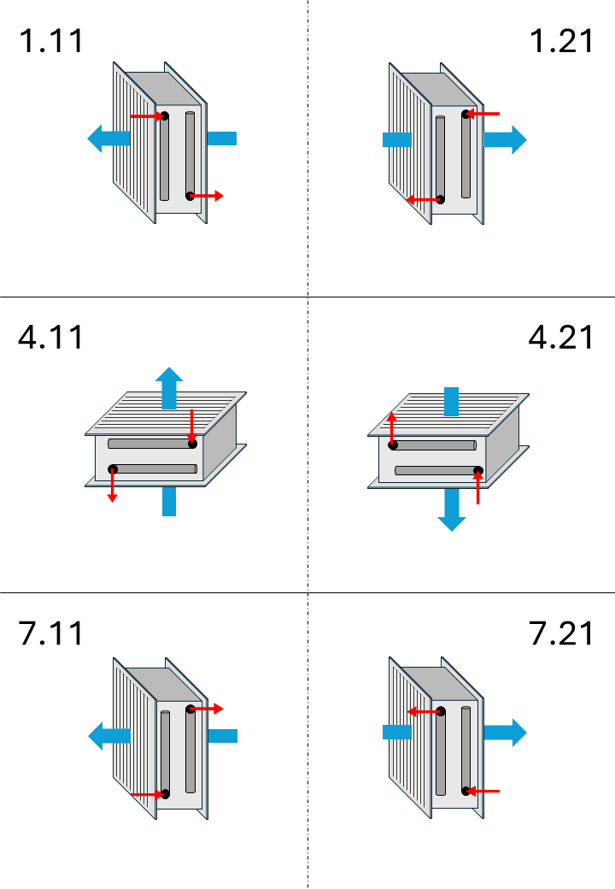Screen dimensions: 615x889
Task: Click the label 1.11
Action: click(x=51, y=41)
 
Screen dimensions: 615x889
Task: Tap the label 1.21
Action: click(x=561, y=41)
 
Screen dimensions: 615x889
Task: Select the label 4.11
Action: click(x=51, y=338)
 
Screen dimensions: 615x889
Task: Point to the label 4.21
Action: click(x=560, y=338)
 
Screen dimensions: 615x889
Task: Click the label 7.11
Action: click(x=51, y=633)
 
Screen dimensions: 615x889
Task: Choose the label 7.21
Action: click(x=561, y=633)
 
